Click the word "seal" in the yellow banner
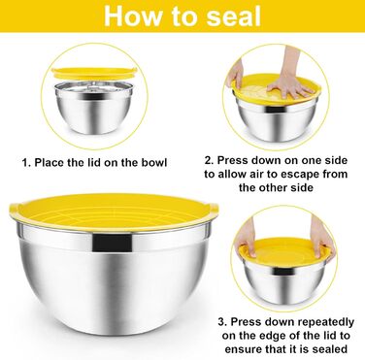234,16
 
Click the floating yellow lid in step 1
94,74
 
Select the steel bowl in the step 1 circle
94,107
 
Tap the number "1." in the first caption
26,162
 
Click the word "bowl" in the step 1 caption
154,162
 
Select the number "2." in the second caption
209,160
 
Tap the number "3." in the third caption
222,322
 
